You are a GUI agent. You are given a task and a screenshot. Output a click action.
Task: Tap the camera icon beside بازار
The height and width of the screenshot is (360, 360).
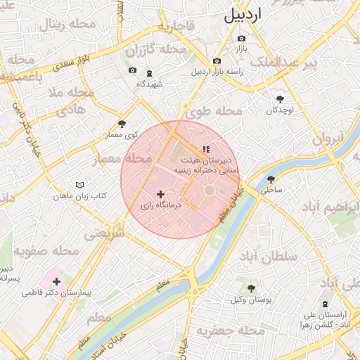[x=242, y=38]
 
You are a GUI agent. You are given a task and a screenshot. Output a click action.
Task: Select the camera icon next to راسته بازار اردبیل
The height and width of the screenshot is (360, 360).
[x=217, y=61]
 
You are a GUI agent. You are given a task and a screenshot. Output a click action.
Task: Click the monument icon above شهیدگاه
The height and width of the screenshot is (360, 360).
[x=149, y=73]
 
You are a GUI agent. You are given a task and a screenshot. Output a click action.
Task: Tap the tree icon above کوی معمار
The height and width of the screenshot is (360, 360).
[x=122, y=124]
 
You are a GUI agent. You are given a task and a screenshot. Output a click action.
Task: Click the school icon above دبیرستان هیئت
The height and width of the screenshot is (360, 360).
[x=206, y=149]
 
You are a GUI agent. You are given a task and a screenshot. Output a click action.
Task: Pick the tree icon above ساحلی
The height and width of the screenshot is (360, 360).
[x=271, y=179]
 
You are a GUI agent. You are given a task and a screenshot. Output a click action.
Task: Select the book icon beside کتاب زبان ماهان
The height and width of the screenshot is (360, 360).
[x=79, y=185]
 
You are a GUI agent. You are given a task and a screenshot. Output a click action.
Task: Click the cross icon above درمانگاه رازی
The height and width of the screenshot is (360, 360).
[x=160, y=194]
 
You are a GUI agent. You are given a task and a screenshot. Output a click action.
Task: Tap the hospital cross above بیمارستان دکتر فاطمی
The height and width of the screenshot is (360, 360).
[x=56, y=281]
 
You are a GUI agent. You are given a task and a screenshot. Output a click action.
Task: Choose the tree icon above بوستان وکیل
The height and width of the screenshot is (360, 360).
[x=251, y=288]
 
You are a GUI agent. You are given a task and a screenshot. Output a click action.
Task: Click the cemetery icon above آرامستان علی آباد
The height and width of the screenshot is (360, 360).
[x=325, y=304]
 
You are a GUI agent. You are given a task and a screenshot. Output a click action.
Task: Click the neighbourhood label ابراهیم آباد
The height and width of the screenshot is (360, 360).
[x=330, y=207]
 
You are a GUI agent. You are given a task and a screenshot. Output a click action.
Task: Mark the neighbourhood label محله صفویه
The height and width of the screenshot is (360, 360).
[x=45, y=251]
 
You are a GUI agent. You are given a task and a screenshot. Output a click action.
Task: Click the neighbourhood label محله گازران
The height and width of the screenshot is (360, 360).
[x=150, y=51]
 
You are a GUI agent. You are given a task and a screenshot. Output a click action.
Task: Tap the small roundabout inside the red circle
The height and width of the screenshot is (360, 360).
[x=210, y=191]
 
